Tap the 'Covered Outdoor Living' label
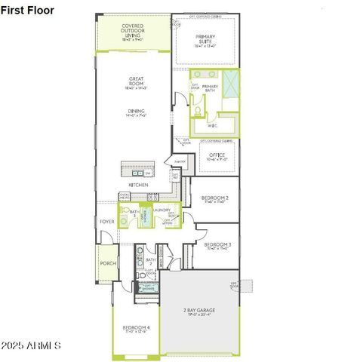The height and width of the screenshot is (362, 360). coord(132,30)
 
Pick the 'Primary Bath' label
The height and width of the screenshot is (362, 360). coord(210,87)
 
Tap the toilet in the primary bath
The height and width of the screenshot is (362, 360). coord(197,111)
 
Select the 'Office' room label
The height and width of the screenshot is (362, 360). coord(217,155)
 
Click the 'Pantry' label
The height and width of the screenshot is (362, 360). coord(180,161)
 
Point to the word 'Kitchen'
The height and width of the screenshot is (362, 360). coord(137,185)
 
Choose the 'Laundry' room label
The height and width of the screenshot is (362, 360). coord(162,210)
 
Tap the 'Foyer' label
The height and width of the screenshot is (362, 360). coord(106,222)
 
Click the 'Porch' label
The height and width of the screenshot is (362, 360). coord(108,264)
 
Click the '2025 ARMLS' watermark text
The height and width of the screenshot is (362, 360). coord(32,345)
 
